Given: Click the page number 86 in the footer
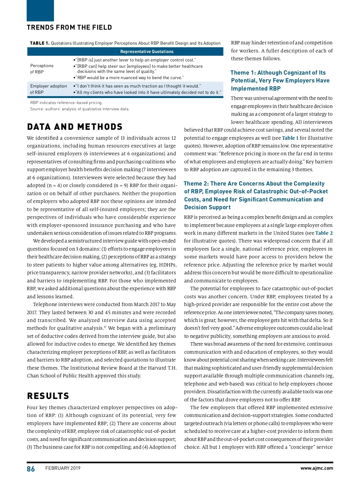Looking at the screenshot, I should tap(31, 469).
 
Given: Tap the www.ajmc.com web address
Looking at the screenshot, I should tap(316, 468).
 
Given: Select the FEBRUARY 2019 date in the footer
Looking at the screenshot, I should tap(63, 468).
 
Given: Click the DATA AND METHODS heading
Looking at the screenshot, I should tap(75, 127).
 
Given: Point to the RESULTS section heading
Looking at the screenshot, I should tap(48, 396).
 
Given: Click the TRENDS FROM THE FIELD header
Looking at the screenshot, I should tap(69, 28).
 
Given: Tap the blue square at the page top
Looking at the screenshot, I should tap(40, 10).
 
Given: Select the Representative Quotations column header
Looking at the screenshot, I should tap(147, 52).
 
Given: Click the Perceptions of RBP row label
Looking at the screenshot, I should tap(42, 69).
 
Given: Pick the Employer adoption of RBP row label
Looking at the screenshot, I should tap(48, 89).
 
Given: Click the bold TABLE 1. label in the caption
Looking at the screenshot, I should tap(40, 43).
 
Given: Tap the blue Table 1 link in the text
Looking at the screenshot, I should tap(290, 138).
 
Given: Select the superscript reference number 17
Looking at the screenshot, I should tap(105, 327).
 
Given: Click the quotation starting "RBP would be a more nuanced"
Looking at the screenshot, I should tap(130, 78).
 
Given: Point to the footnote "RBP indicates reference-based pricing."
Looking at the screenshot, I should tap(66, 103).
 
